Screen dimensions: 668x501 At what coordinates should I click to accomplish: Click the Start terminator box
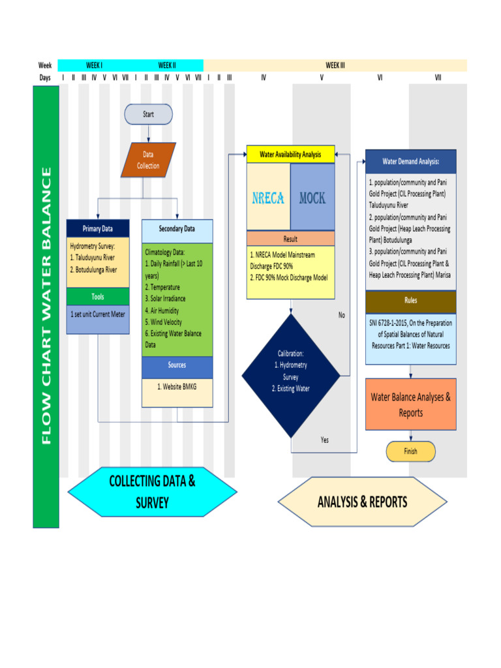148,114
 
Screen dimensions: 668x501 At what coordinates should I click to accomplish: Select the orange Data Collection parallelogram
148,160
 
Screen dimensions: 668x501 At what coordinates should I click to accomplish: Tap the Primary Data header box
97,229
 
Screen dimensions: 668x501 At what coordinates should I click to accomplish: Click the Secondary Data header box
177,230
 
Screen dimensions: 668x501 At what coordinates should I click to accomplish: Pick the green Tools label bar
97,297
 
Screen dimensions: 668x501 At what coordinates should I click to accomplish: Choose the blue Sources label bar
177,366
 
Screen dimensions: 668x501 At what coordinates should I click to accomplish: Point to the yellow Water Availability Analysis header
290,155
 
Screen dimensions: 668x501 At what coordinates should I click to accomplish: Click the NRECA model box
268,197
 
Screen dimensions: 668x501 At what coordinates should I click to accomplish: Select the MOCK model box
312,197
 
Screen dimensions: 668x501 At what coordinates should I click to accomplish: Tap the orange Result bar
290,239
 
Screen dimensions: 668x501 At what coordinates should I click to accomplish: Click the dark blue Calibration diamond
290,376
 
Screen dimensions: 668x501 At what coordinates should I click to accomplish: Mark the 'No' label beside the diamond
342,315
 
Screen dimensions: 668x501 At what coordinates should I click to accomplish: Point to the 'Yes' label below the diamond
325,440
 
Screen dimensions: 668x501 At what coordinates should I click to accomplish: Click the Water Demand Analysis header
410,161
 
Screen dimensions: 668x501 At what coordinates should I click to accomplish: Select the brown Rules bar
410,301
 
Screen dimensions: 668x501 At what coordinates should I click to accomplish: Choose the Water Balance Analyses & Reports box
410,404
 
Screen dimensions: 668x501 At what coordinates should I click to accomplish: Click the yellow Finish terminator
410,451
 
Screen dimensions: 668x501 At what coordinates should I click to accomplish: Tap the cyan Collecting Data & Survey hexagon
152,492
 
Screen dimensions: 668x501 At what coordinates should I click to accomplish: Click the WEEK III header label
335,65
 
